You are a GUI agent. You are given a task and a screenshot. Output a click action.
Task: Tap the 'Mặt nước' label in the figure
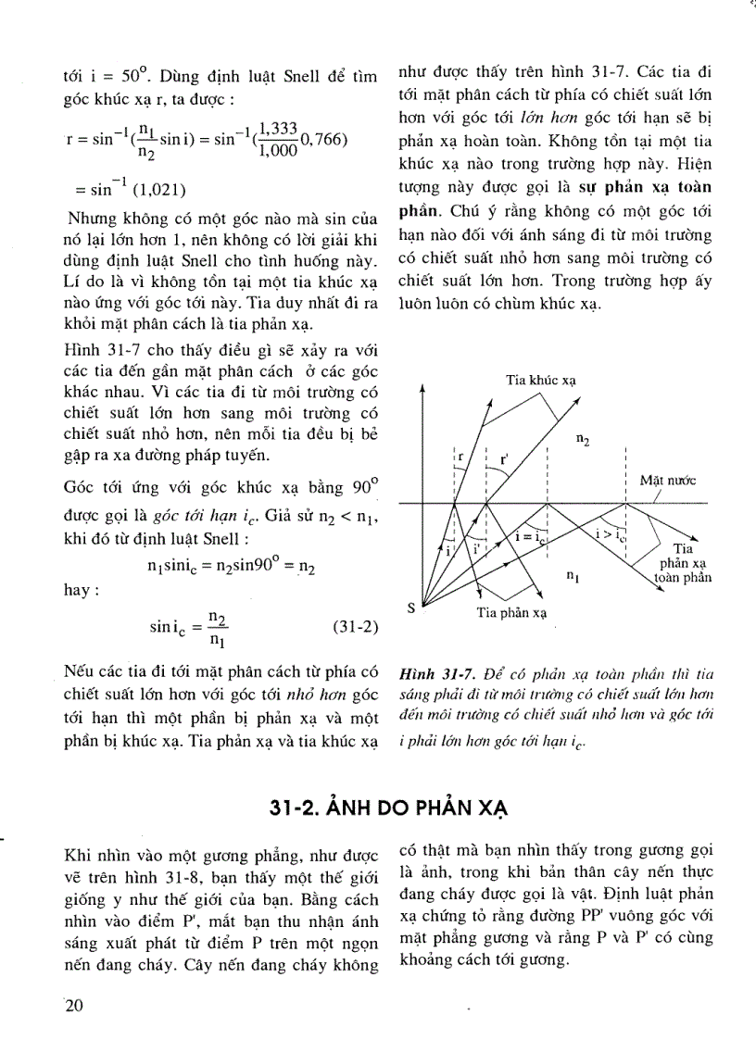[667, 481]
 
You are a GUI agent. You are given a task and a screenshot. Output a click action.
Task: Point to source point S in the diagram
[411, 608]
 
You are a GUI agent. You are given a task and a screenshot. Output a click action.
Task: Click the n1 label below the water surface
[573, 575]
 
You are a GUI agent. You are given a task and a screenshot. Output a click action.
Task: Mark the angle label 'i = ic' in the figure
[528, 536]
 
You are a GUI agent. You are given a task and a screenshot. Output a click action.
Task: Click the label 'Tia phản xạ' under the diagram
[512, 613]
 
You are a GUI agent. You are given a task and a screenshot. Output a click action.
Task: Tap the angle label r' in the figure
[503, 457]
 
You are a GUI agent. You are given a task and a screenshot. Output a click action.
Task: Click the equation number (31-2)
[355, 627]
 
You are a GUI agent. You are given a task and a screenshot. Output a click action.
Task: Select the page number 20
[74, 1008]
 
